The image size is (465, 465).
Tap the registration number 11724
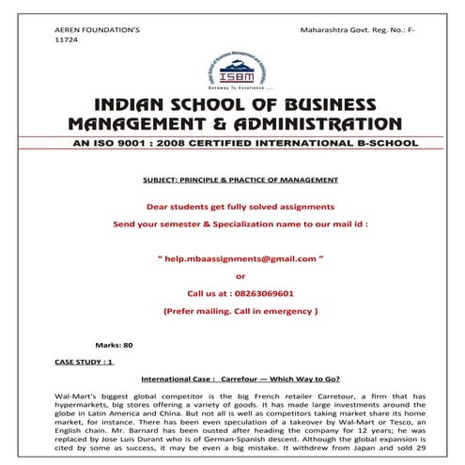(65, 42)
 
